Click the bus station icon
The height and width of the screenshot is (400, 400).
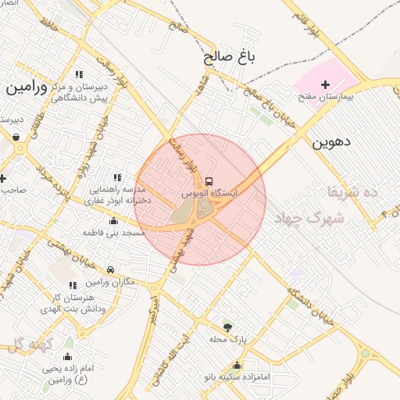pyautogui.click(x=208, y=180)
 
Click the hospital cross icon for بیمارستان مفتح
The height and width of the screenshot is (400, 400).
pyautogui.click(x=326, y=84)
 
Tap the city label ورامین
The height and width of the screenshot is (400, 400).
pyautogui.click(x=27, y=87)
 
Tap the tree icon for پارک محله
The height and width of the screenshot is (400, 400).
pyautogui.click(x=227, y=327)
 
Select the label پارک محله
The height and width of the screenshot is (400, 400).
pyautogui.click(x=227, y=339)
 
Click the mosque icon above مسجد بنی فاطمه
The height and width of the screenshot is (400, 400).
pyautogui.click(x=114, y=221)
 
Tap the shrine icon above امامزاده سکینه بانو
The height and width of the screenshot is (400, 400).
pyautogui.click(x=237, y=365)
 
